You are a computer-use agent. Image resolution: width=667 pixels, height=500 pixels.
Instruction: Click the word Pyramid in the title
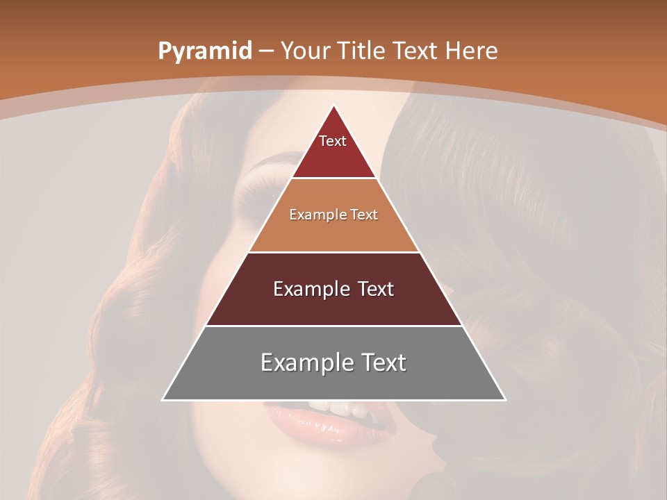[204, 51]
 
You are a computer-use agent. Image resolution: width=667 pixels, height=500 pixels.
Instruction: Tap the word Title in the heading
[361, 51]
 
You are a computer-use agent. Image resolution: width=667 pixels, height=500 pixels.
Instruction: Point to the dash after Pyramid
[266, 51]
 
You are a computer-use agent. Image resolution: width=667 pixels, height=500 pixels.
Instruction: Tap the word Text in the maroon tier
[374, 289]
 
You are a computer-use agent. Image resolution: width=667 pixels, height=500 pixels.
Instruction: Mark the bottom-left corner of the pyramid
[163, 399]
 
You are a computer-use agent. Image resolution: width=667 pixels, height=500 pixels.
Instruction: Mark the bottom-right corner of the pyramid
[504, 399]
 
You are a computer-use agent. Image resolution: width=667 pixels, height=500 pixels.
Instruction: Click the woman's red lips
[327, 424]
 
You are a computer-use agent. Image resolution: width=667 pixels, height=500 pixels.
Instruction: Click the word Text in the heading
[415, 51]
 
